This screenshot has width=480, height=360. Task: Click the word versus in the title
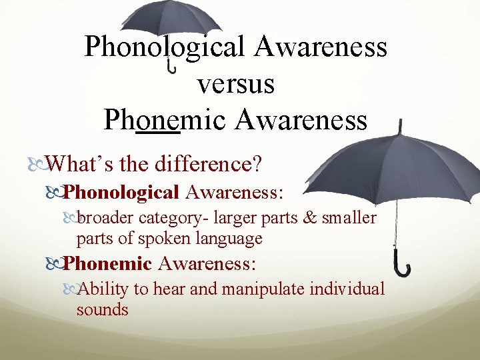(236, 84)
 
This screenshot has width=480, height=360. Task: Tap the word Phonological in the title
(166, 47)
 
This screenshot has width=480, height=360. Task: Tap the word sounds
(102, 309)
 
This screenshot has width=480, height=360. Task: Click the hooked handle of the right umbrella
(402, 267)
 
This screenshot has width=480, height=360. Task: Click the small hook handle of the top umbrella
(172, 67)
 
